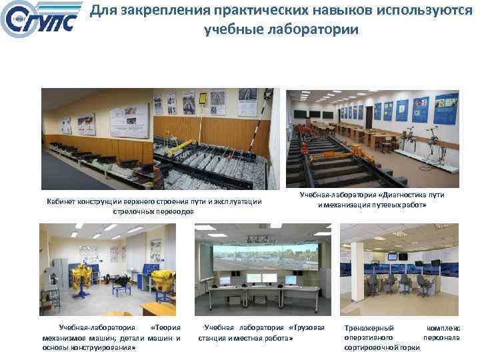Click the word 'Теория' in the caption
[x=165, y=328]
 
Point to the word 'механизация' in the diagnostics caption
[x=352, y=205]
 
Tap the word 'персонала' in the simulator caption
[x=441, y=338]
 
